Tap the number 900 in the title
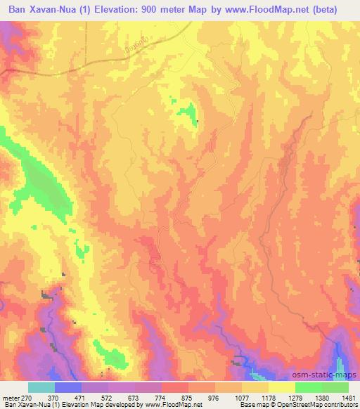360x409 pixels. (x=157, y=10)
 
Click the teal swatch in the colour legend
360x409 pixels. (x=41, y=387)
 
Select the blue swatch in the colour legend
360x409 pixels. (x=68, y=387)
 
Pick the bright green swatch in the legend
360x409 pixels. (x=309, y=387)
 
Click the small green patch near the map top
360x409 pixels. (x=186, y=112)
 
